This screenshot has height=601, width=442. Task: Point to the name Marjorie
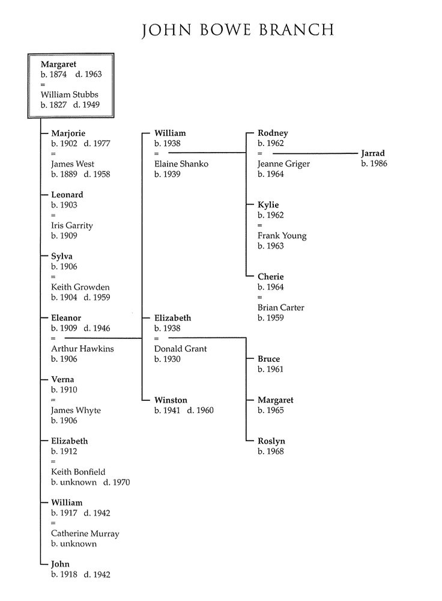68,133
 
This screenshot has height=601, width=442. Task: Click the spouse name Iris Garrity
72,225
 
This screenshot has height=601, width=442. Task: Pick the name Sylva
62,256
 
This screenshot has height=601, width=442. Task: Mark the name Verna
62,379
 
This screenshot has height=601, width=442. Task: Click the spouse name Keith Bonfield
78,472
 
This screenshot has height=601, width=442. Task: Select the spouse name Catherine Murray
85,533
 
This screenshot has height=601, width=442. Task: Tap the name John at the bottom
60,564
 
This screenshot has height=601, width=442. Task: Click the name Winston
171,400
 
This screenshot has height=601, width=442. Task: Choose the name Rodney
273,133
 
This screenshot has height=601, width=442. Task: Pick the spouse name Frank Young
282,236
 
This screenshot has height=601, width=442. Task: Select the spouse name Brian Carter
280,307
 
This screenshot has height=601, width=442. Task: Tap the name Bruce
268,359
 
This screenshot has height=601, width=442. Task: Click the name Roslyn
271,441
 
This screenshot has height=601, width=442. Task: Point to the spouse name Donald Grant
180,349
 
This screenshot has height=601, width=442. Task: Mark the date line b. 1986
374,163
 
